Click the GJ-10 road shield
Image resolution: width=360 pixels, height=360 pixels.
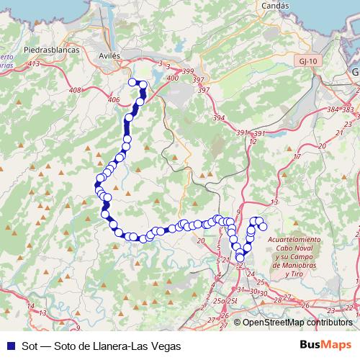coord(306,62)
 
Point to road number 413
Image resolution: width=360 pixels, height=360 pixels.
coord(33,64)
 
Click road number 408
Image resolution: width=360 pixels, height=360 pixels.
coord(76,90)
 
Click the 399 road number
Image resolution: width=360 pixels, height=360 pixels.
coord(189,71)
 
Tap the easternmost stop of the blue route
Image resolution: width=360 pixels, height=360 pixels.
coord(264,227)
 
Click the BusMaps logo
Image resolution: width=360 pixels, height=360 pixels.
coord(325,346)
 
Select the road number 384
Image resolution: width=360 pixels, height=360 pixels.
coord(331,109)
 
